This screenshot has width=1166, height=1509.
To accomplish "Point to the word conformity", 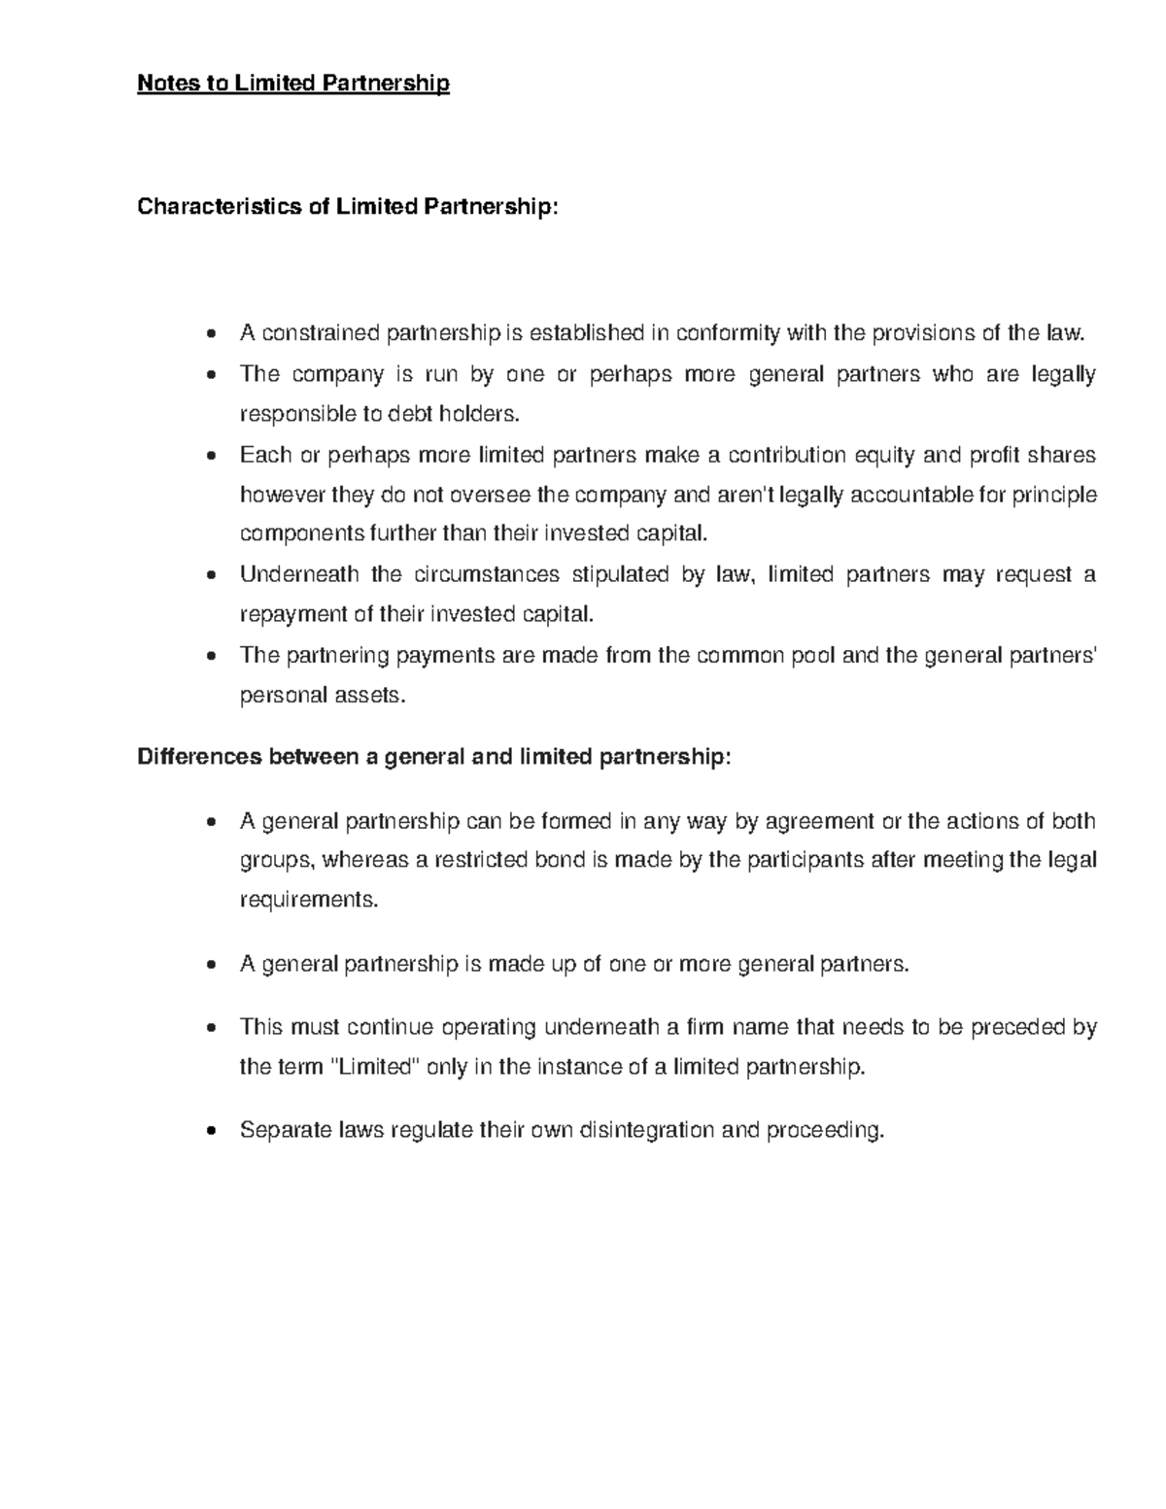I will [727, 333].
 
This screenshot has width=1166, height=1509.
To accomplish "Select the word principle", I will [1054, 495].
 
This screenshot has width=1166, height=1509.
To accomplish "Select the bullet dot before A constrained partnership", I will [212, 335].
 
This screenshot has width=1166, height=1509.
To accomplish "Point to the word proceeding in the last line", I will [826, 1130].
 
